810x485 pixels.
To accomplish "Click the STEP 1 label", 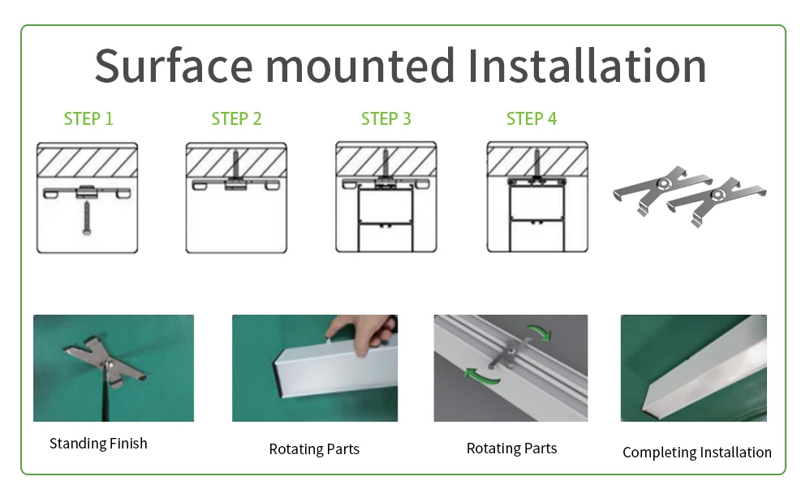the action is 88,118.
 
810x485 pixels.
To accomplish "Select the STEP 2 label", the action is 237,118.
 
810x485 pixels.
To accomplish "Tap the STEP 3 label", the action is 386,118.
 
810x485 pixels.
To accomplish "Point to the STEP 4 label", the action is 532,118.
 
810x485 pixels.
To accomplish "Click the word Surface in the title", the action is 174,66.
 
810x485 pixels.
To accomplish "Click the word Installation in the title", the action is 587,65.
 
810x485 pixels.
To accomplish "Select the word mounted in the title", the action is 360,65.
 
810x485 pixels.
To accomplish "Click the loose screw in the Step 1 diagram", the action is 87,218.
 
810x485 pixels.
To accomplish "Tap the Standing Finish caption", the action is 98,443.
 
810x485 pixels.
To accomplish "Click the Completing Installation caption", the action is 697,453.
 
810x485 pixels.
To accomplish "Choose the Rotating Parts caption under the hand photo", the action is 314,449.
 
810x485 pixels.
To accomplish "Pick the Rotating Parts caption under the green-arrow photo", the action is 511,449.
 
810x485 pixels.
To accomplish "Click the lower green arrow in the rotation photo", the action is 481,376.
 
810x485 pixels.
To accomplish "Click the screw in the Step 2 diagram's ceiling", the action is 236,165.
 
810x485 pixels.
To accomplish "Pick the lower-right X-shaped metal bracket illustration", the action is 716,202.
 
